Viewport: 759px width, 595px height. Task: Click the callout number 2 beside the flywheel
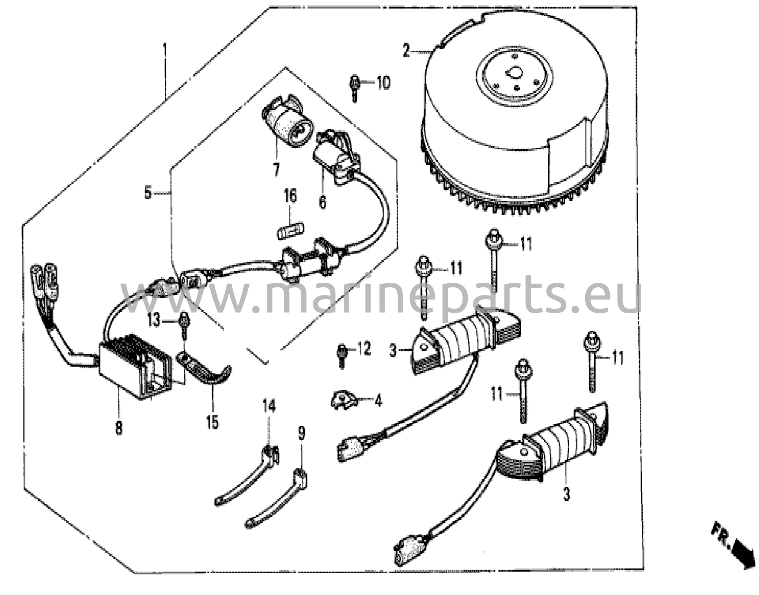coord(406,51)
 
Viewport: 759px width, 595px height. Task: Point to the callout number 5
coord(148,193)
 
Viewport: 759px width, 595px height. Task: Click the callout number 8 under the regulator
coord(119,429)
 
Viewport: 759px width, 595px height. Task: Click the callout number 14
coord(269,406)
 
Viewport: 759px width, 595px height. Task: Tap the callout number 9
coord(301,433)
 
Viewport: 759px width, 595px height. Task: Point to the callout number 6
coord(322,202)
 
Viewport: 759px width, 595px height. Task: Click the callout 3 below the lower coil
coord(566,494)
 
